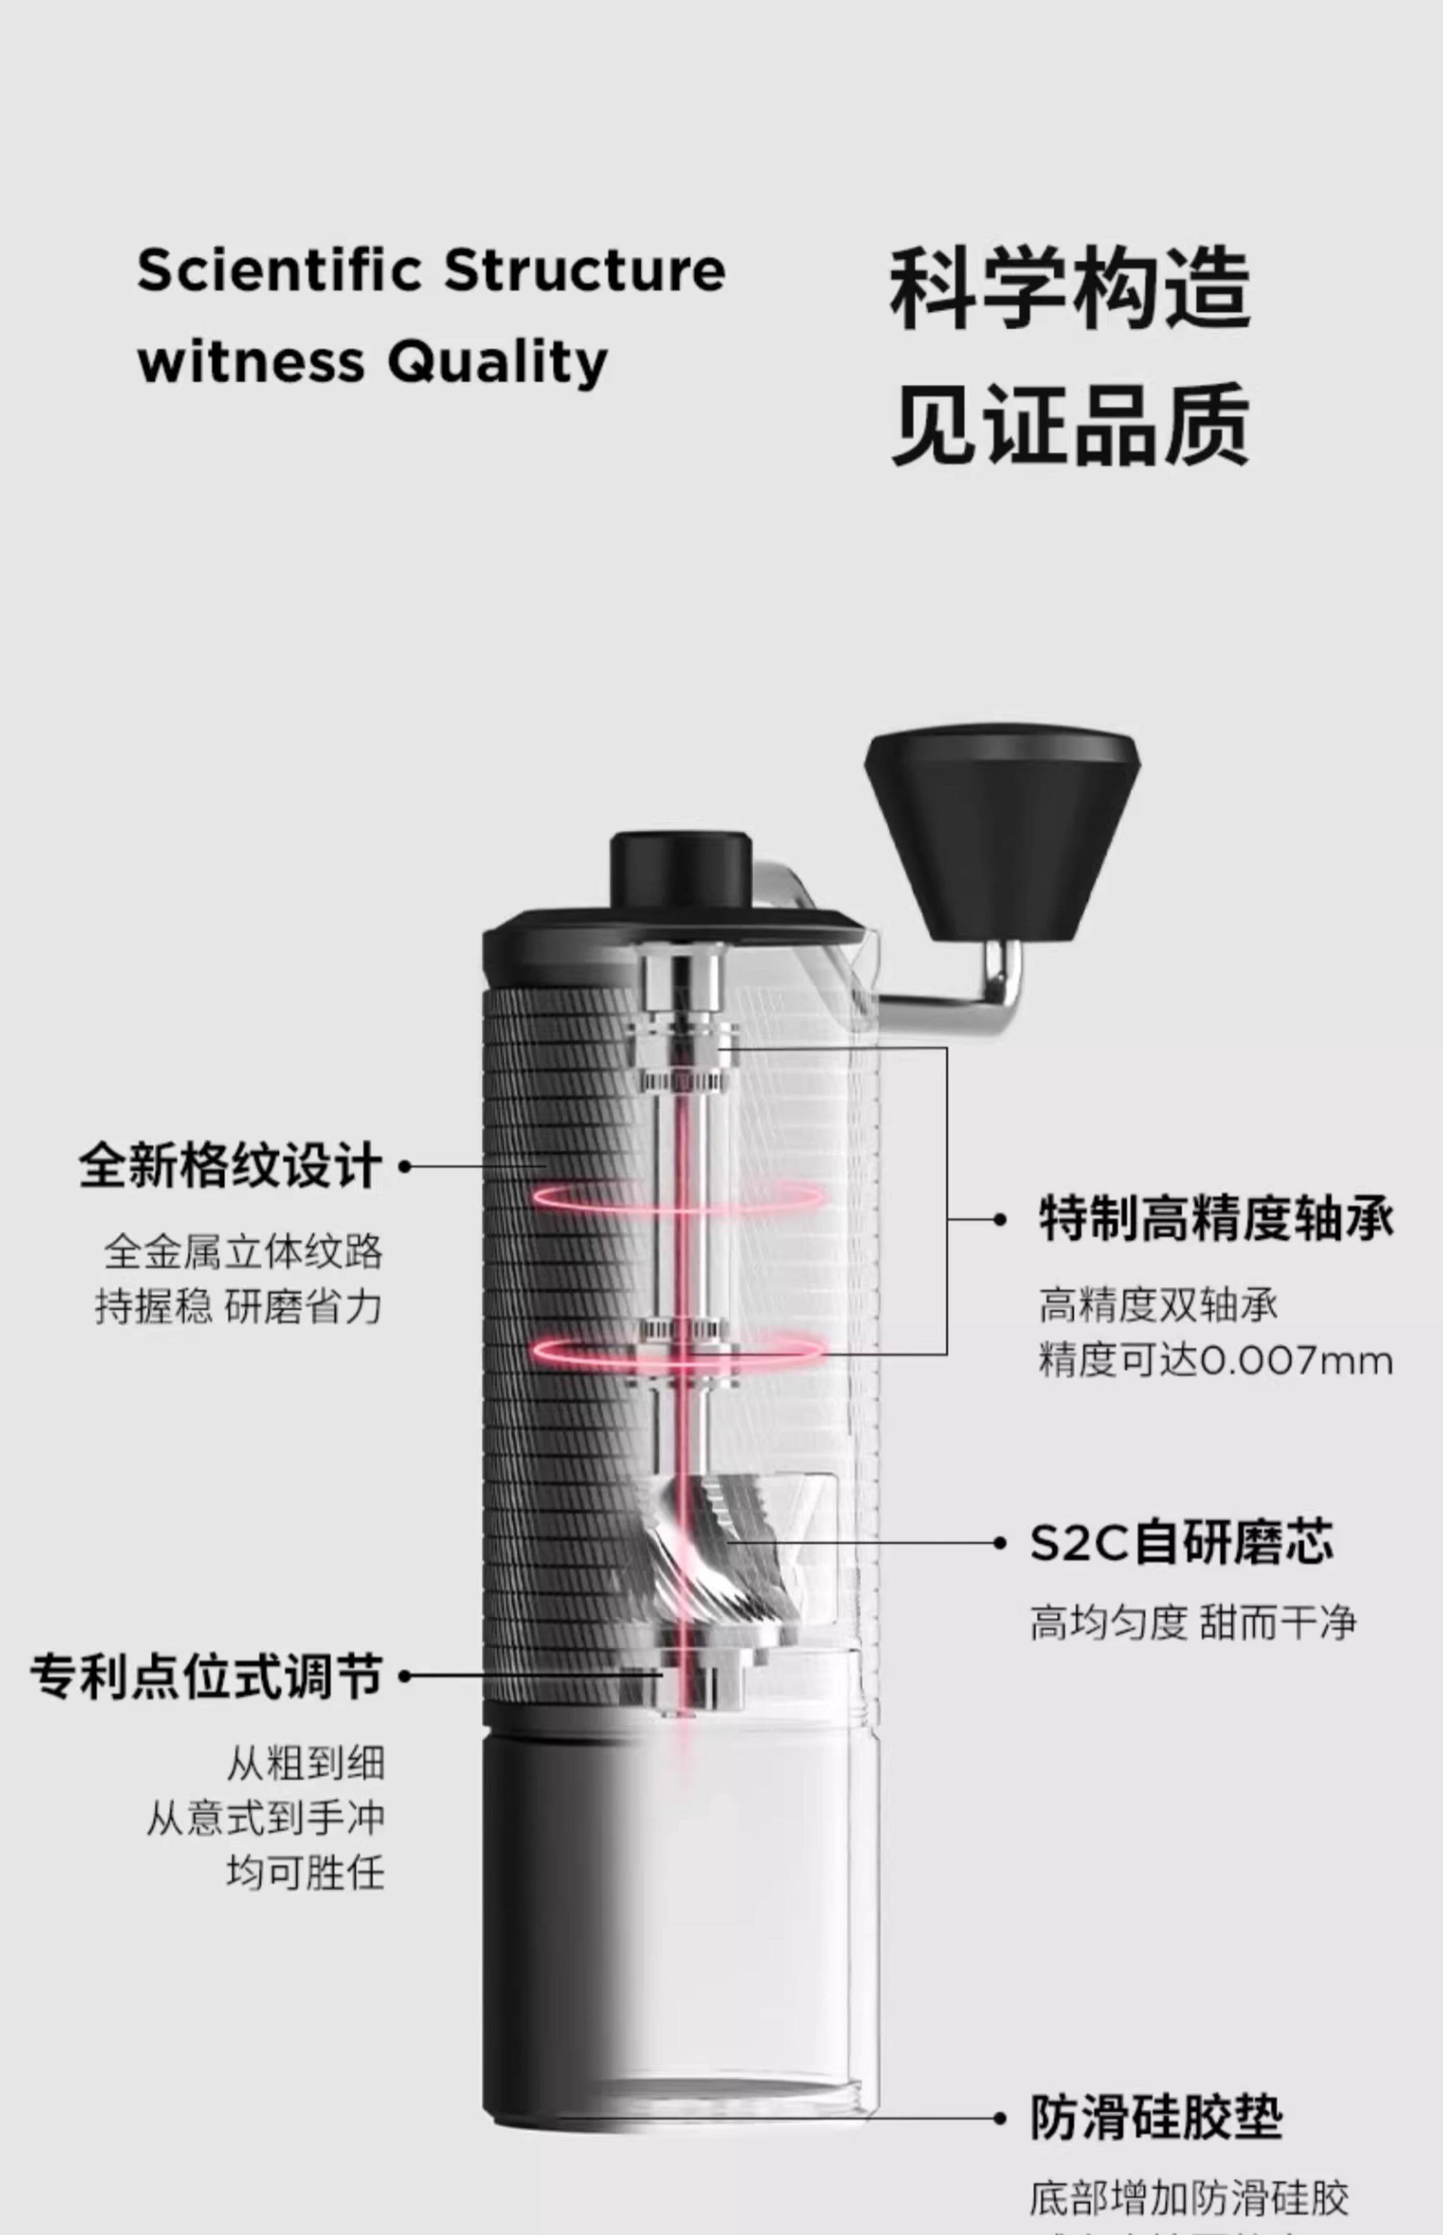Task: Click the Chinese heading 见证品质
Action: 1070,427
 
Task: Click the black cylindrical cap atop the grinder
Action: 681,871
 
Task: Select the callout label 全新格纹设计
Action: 230,1167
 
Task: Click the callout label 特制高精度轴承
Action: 1216,1219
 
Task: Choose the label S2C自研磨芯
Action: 1181,1542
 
